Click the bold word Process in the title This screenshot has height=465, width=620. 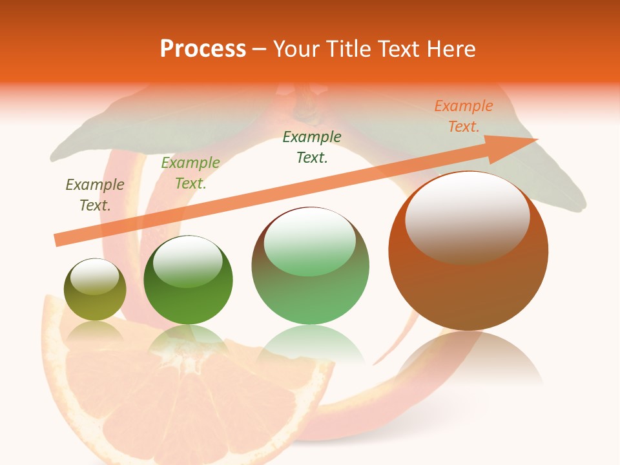203,49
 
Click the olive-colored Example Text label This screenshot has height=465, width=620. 94,194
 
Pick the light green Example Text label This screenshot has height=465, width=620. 191,173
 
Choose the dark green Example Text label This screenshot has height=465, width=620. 312,147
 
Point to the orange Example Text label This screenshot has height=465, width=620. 464,116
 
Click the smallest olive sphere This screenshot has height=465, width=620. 95,297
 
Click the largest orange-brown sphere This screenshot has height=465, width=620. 468,284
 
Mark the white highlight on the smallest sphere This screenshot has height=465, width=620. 95,276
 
